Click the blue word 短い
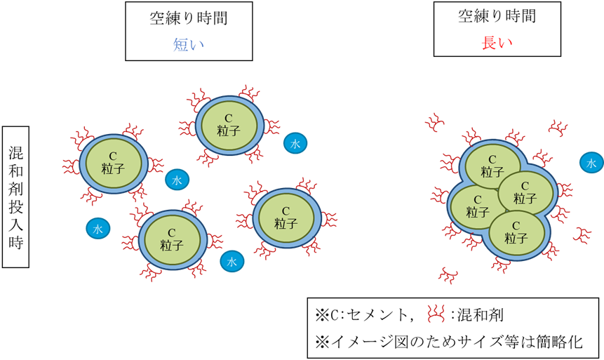click(x=188, y=45)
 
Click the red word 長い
click(x=497, y=42)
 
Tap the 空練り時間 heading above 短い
click(x=188, y=19)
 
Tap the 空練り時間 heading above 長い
click(x=497, y=16)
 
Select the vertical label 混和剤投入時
click(x=16, y=197)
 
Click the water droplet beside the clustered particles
click(x=591, y=163)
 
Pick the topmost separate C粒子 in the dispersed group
click(x=227, y=124)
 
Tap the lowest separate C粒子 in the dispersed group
click(x=171, y=238)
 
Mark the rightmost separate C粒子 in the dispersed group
click(x=286, y=217)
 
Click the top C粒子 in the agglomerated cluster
click(x=492, y=165)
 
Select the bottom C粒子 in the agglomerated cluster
click(x=516, y=231)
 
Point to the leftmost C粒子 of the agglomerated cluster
click(x=476, y=205)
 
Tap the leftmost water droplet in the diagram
click(x=98, y=228)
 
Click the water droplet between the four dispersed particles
click(x=177, y=180)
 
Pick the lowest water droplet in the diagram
click(x=232, y=262)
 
